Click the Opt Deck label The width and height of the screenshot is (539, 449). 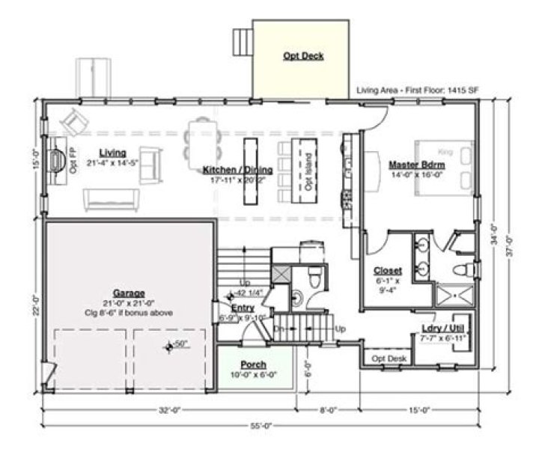pyautogui.click(x=303, y=56)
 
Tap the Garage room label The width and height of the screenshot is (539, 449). pyautogui.click(x=129, y=293)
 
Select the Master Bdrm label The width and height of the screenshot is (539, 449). pyautogui.click(x=417, y=163)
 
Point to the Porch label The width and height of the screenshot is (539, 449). pyautogui.click(x=253, y=364)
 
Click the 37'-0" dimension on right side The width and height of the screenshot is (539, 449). pyautogui.click(x=509, y=247)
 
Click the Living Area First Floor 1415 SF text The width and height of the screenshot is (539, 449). pyautogui.click(x=418, y=91)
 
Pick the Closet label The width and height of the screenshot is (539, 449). pyautogui.click(x=388, y=270)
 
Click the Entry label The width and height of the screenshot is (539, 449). pyautogui.click(x=243, y=307)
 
